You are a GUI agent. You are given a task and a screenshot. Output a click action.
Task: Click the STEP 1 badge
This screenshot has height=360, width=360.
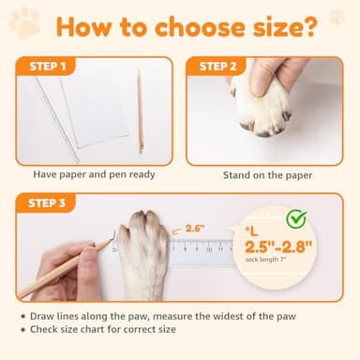(x=43, y=67)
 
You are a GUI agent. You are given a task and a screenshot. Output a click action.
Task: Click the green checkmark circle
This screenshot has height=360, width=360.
(x=296, y=218)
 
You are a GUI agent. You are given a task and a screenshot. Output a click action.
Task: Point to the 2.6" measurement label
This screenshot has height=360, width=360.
(x=194, y=227)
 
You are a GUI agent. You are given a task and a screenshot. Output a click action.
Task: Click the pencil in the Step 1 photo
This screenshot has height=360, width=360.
(x=140, y=111)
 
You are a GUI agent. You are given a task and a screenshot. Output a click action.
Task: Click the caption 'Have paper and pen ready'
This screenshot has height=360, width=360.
(x=94, y=174)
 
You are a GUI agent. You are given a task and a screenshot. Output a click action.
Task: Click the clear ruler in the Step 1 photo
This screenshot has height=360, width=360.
(x=56, y=117)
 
